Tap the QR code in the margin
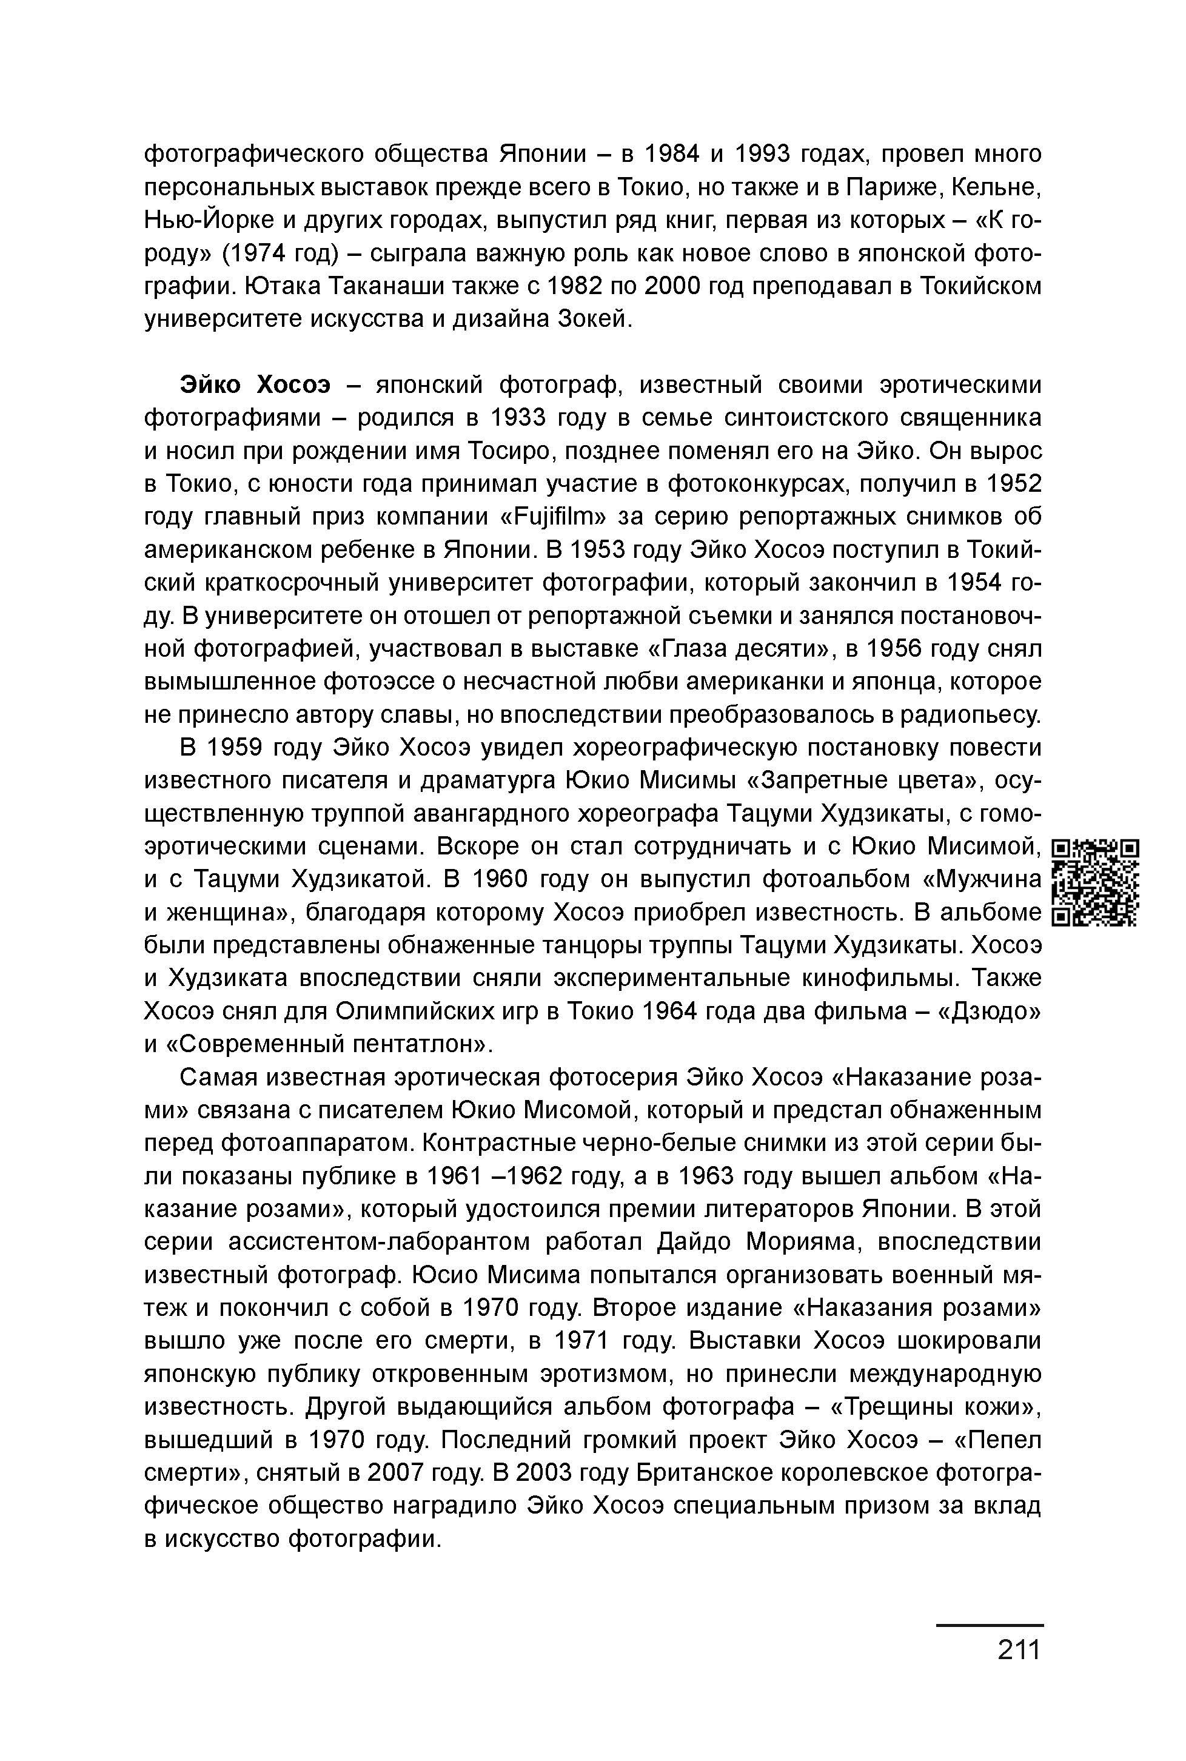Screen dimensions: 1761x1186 coord(1096,883)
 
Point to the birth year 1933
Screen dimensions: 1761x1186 coord(522,418)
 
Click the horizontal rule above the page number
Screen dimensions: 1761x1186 coord(990,1625)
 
